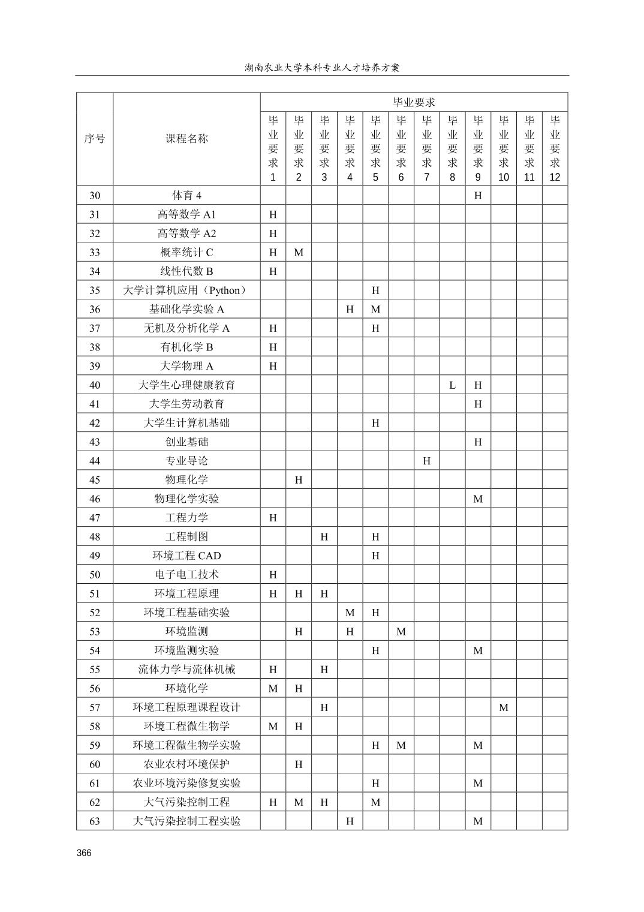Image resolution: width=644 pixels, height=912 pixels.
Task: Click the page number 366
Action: click(84, 853)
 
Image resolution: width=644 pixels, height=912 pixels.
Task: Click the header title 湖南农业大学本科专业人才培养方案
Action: click(322, 67)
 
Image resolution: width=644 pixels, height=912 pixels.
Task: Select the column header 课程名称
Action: click(186, 139)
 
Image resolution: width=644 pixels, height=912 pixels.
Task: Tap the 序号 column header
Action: click(95, 139)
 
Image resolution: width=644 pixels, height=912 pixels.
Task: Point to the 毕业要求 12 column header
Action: click(555, 148)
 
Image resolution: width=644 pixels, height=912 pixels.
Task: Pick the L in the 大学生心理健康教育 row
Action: click(452, 385)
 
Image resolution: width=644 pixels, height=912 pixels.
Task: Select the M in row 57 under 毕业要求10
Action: click(504, 707)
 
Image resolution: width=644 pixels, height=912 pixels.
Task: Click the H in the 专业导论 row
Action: click(426, 461)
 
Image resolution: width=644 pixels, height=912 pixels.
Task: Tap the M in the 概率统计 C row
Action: click(299, 253)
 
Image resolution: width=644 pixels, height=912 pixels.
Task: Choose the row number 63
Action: click(95, 821)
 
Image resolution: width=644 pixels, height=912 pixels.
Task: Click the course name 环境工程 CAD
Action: click(186, 556)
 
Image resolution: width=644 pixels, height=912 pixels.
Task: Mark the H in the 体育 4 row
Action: click(478, 196)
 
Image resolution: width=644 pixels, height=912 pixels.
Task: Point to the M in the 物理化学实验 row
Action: click(478, 499)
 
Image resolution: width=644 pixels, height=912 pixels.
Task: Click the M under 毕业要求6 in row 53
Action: click(401, 631)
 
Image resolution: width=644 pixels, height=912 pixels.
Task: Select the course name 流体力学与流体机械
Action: click(186, 670)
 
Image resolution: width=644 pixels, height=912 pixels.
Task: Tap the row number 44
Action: click(95, 461)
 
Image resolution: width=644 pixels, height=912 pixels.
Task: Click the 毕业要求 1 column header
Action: click(273, 148)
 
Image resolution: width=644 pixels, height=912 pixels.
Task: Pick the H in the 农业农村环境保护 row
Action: click(299, 764)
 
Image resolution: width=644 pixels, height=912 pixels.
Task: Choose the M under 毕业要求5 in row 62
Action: click(375, 802)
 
